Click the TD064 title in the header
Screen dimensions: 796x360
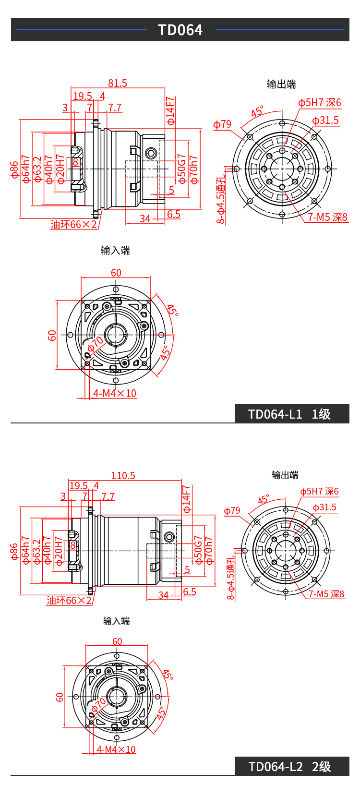180,30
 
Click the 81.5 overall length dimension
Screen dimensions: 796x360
118,83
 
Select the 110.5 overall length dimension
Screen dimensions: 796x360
123,475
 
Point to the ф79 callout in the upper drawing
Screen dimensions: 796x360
222,124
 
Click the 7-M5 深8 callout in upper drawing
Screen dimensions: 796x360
327,217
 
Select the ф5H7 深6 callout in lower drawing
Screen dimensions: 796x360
319,491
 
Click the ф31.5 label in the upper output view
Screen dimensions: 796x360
325,120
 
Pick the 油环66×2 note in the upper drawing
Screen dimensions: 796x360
74,224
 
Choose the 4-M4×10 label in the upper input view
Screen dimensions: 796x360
115,393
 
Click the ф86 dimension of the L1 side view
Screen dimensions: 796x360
15,170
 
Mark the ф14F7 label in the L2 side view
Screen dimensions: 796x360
186,499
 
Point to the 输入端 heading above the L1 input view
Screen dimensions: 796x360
115,250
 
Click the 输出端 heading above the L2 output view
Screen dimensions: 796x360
285,475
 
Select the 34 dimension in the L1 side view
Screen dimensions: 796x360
145,218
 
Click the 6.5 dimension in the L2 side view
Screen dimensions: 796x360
190,591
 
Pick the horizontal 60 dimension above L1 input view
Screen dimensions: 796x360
116,273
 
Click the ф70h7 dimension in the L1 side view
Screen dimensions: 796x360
194,169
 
